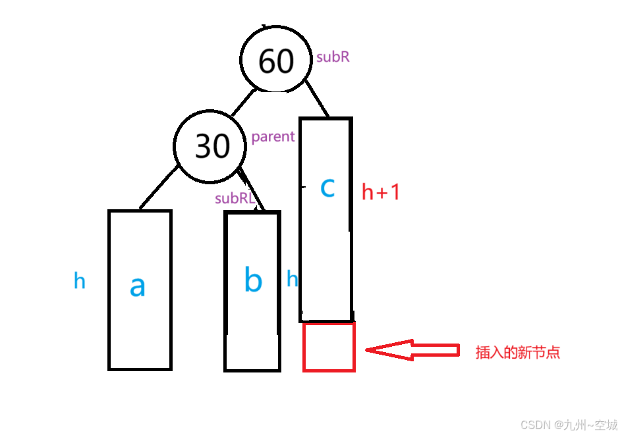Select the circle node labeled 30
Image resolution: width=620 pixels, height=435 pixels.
click(211, 146)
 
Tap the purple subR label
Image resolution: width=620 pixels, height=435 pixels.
click(333, 57)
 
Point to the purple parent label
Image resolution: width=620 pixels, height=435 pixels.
click(273, 137)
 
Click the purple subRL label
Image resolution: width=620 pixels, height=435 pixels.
click(235, 198)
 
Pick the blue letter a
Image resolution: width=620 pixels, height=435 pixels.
click(137, 286)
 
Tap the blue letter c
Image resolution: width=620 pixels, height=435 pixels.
click(327, 188)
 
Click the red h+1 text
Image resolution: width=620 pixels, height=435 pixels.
click(381, 192)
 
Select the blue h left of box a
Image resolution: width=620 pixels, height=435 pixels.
click(79, 282)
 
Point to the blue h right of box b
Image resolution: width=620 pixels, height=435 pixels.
click(292, 280)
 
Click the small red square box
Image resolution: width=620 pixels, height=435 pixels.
click(329, 347)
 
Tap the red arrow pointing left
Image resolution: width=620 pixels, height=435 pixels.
click(412, 350)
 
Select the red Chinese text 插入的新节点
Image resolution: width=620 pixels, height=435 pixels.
click(518, 352)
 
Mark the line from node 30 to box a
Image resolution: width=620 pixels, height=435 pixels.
click(159, 188)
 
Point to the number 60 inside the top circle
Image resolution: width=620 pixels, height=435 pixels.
click(275, 61)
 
